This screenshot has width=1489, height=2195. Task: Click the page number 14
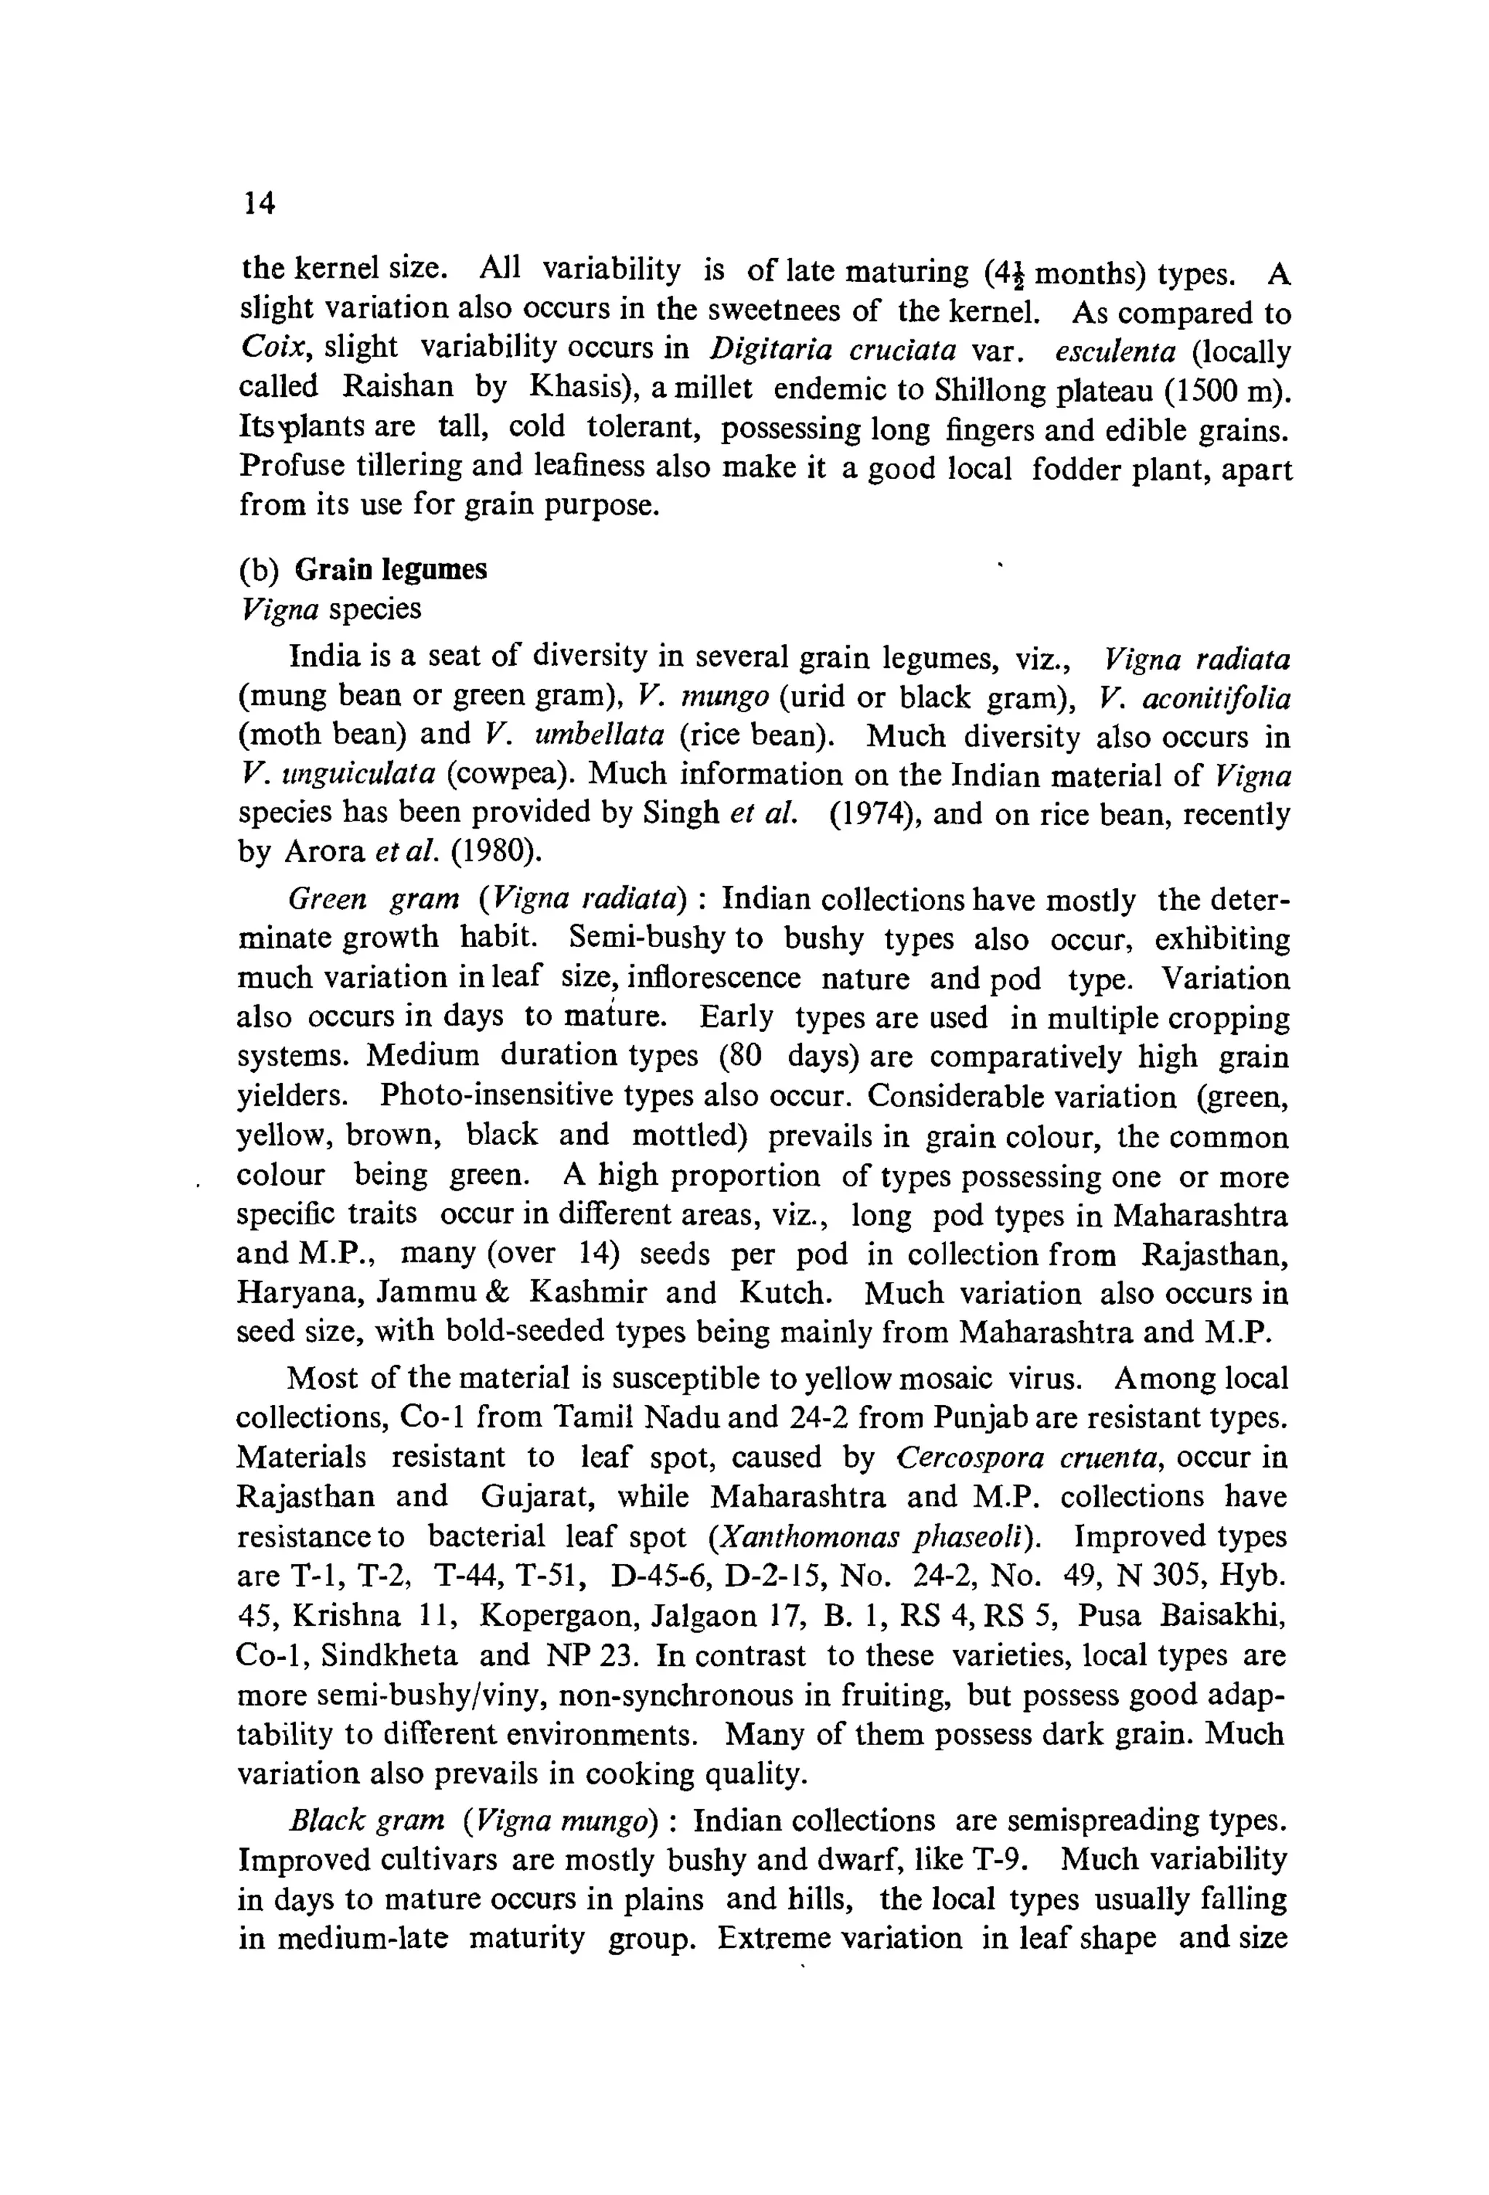point(259,202)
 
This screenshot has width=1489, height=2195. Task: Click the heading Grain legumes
point(390,570)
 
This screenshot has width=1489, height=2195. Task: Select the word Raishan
point(398,387)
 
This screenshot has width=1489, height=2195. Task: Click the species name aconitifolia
point(1215,698)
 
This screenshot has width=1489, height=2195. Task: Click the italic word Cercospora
point(969,1457)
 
